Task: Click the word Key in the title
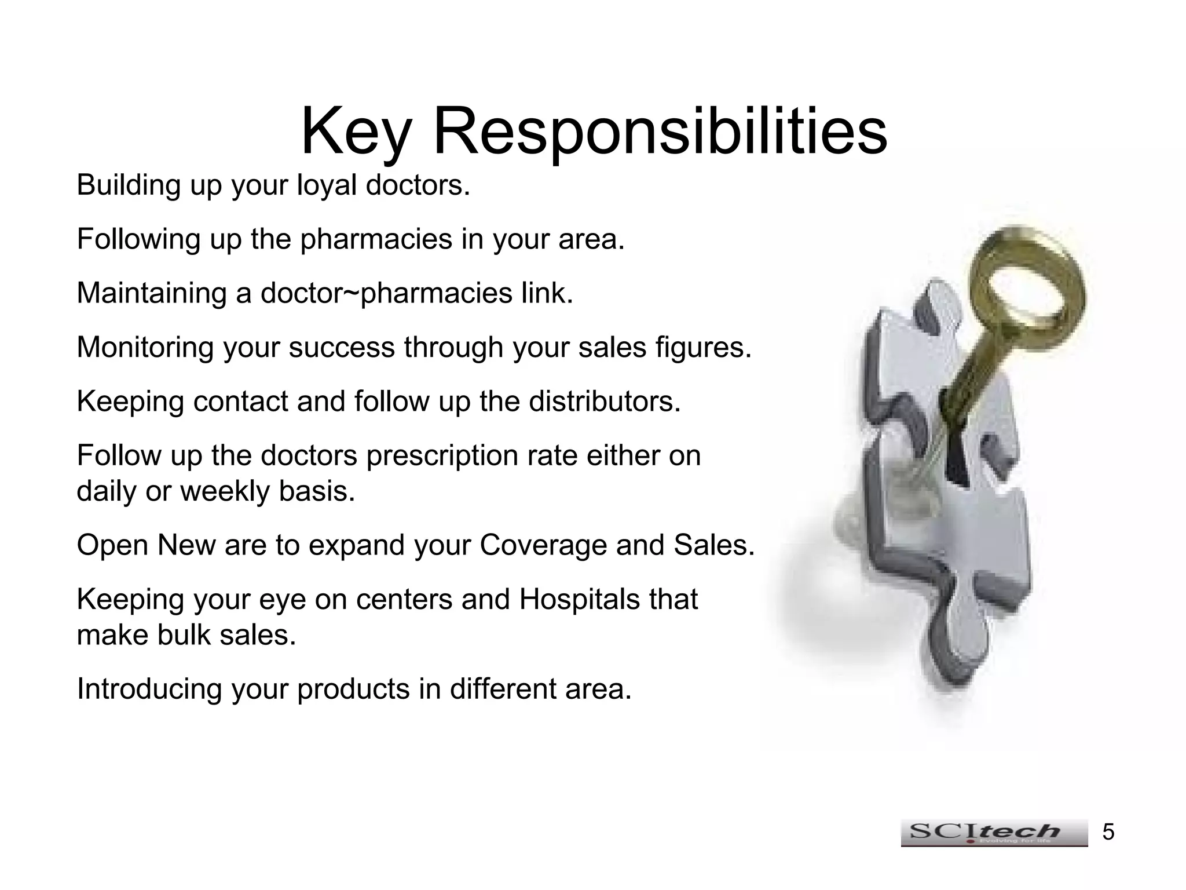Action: click(x=354, y=132)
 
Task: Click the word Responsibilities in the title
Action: click(x=660, y=132)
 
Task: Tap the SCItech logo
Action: click(x=994, y=833)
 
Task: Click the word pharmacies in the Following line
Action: click(x=376, y=239)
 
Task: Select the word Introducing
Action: click(x=149, y=690)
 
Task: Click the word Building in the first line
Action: click(x=129, y=185)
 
